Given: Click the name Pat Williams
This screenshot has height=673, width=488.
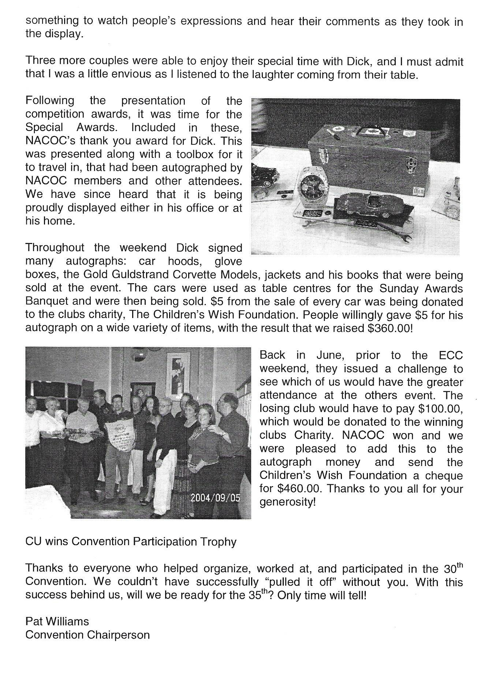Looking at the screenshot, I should pyautogui.click(x=57, y=622).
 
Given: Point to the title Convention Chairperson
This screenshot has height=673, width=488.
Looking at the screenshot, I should pyautogui.click(x=87, y=635).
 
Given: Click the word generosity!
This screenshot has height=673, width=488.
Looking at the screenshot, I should pyautogui.click(x=287, y=502).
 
